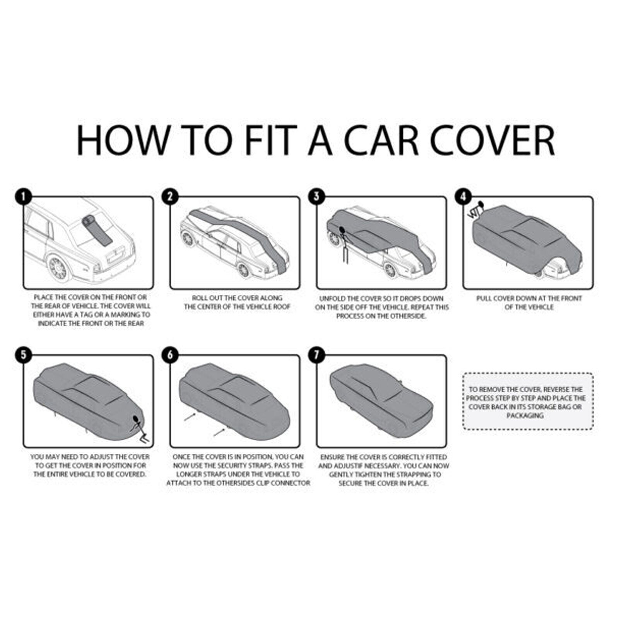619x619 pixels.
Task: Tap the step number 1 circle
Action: [x=24, y=197]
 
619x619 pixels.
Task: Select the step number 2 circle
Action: [x=170, y=197]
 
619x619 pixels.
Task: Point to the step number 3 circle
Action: [x=317, y=197]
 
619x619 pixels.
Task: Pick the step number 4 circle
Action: [x=463, y=197]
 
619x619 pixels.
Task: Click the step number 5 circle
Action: [x=24, y=355]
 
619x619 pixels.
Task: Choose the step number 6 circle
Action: [x=170, y=355]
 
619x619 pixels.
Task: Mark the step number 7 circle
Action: [x=317, y=355]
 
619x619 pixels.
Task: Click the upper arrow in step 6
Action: [x=190, y=417]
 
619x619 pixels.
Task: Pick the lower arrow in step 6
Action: [x=219, y=432]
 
